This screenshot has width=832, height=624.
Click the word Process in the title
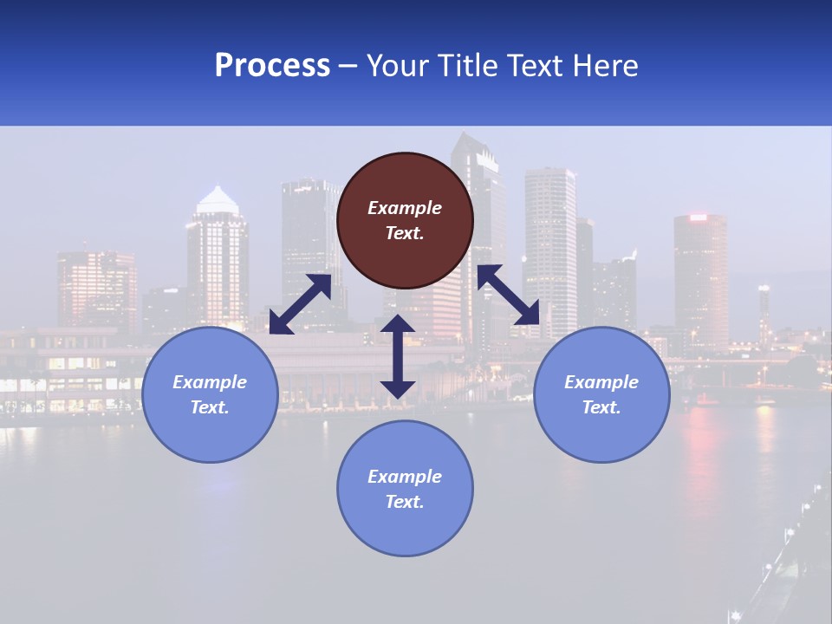click(272, 66)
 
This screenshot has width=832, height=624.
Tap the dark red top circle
click(405, 220)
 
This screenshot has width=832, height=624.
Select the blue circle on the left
click(210, 394)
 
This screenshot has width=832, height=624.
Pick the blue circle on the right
click(601, 394)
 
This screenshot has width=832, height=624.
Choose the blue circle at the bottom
click(405, 489)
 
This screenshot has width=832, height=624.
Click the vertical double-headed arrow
click(398, 356)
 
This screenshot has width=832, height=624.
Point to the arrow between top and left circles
click(300, 304)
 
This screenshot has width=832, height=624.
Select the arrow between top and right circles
click(509, 296)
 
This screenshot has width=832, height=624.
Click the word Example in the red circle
click(405, 208)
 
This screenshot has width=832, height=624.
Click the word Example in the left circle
click(210, 382)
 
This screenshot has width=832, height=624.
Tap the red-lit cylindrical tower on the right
click(700, 277)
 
